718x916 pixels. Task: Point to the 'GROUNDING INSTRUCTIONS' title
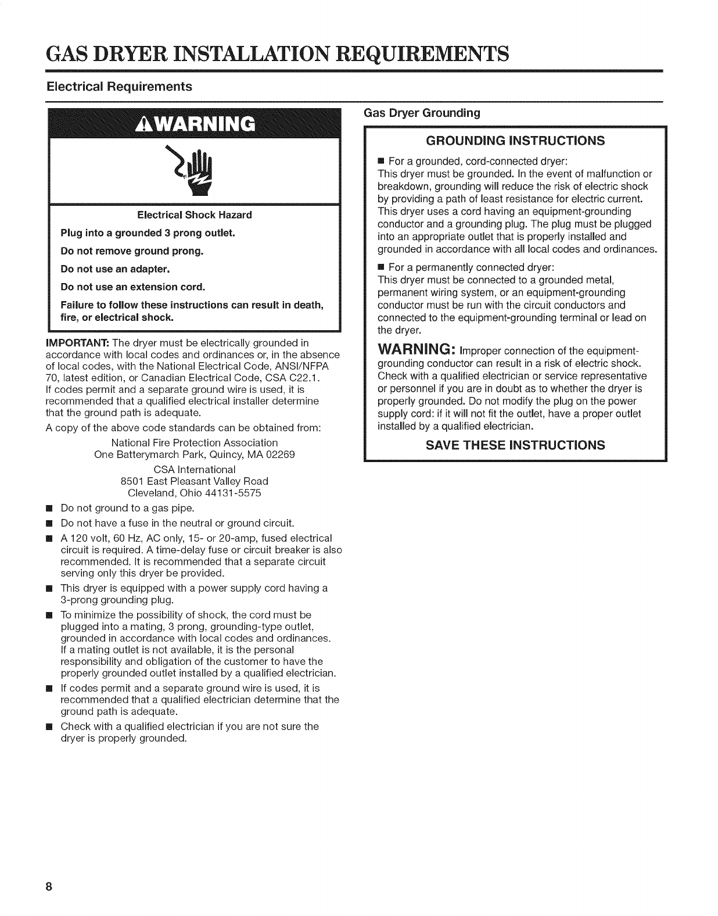coord(515,141)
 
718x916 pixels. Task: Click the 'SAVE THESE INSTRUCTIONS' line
coord(515,445)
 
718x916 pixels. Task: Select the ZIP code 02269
coord(279,455)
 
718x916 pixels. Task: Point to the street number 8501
coord(132,481)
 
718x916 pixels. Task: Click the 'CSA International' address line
coord(195,469)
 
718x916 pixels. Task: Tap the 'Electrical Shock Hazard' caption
coord(195,215)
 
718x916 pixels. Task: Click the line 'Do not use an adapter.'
coord(115,269)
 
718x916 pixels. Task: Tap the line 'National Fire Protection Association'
coord(195,442)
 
